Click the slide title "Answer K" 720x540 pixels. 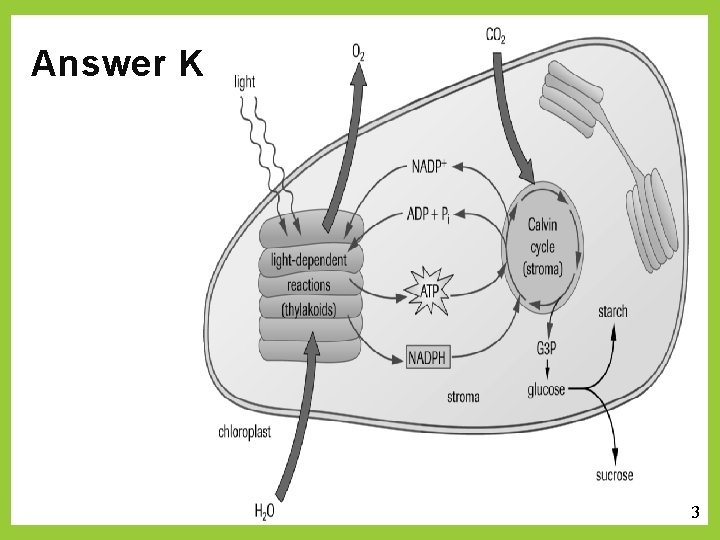(117, 64)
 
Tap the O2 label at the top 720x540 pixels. (358, 51)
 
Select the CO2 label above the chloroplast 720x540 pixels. (496, 36)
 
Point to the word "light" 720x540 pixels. (245, 82)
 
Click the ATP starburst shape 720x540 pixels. (429, 291)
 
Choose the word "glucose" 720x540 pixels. (546, 389)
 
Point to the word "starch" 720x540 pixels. (612, 311)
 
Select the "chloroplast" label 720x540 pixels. (245, 432)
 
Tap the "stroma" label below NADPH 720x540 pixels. (462, 397)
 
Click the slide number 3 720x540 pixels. (695, 513)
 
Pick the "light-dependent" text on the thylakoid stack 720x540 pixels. (309, 261)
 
